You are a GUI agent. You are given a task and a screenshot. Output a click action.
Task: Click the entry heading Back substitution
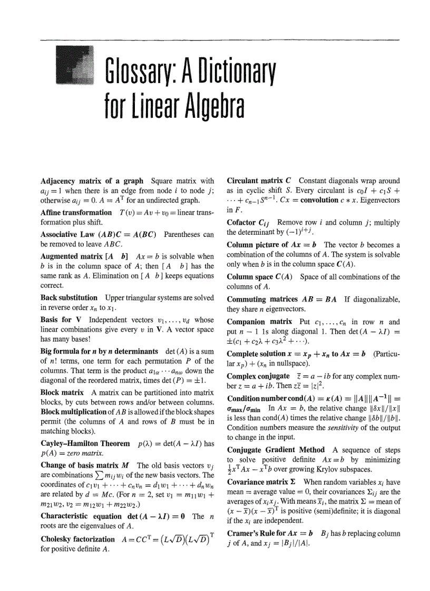pyautogui.click(x=69, y=297)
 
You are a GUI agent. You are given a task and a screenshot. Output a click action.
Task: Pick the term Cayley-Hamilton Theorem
pyautogui.click(x=85, y=444)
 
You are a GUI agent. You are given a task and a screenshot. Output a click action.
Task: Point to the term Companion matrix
pyautogui.click(x=259, y=322)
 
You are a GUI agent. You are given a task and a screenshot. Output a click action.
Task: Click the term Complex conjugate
pyautogui.click(x=258, y=376)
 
